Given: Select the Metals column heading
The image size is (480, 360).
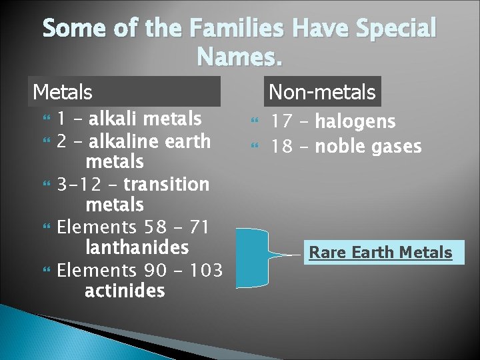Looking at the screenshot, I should [x=63, y=91].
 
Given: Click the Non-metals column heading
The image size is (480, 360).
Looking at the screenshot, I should [x=322, y=92].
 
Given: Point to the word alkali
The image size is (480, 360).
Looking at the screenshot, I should [x=114, y=119].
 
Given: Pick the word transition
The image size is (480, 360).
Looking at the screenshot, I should [x=166, y=184].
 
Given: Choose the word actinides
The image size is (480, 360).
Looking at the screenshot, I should [x=125, y=291].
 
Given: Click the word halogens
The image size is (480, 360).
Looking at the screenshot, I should [x=355, y=122].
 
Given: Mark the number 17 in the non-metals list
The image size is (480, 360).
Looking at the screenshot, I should [x=282, y=122].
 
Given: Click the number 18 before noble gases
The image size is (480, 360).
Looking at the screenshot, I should [x=282, y=146].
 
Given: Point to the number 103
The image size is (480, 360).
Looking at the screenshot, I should [x=205, y=270].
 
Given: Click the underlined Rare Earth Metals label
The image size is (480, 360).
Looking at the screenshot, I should [x=381, y=253].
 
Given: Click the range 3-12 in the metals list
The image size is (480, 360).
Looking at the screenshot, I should [x=76, y=184].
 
